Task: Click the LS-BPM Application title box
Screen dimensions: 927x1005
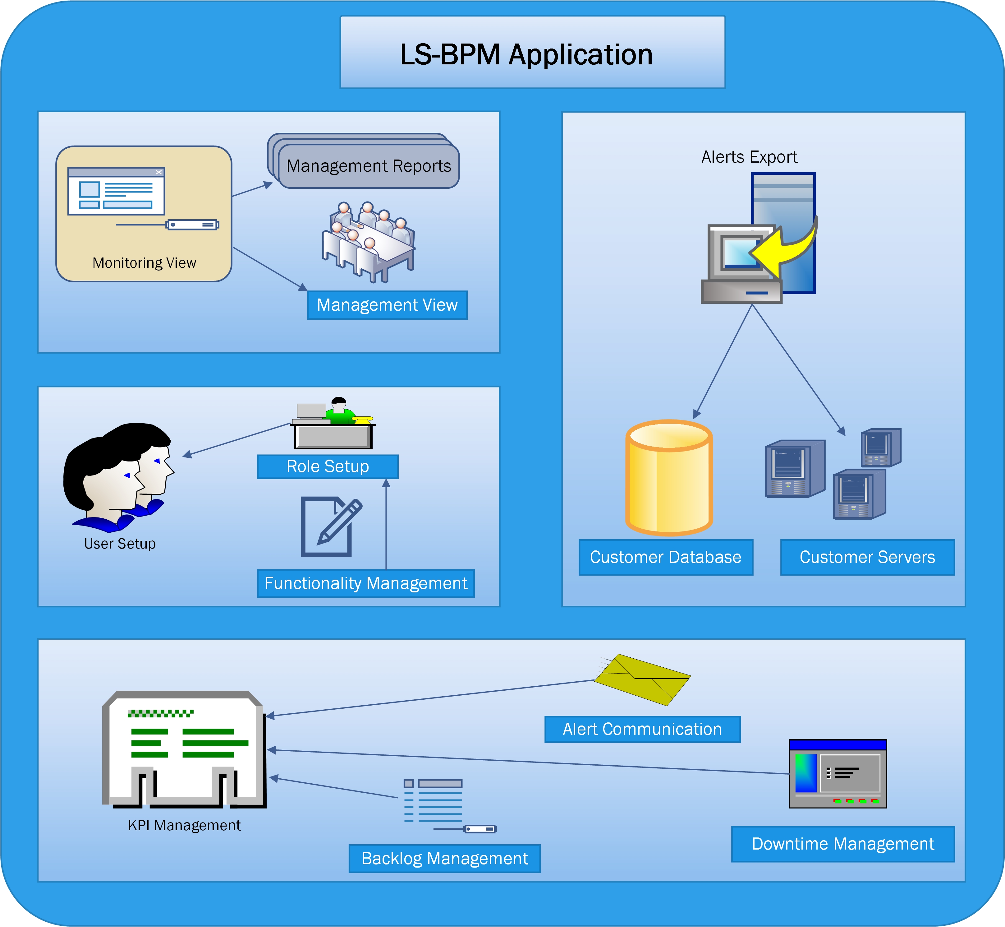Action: point(532,53)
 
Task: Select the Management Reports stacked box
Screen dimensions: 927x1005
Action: point(369,165)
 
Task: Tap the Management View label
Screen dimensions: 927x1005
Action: point(387,305)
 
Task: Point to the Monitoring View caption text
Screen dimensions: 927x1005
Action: point(145,263)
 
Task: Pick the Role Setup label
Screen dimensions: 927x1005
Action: point(328,466)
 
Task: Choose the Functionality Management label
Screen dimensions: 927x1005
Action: point(366,583)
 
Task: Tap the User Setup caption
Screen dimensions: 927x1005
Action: point(120,544)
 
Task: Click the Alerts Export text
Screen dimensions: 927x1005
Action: point(749,157)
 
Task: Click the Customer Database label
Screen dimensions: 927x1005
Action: point(666,557)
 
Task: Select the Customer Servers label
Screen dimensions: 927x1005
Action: point(867,557)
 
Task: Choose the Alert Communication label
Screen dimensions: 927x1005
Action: point(642,729)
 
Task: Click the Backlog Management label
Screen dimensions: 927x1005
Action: point(445,859)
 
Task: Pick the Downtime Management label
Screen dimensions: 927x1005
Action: point(843,844)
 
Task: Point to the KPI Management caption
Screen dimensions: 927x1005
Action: point(184,826)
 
